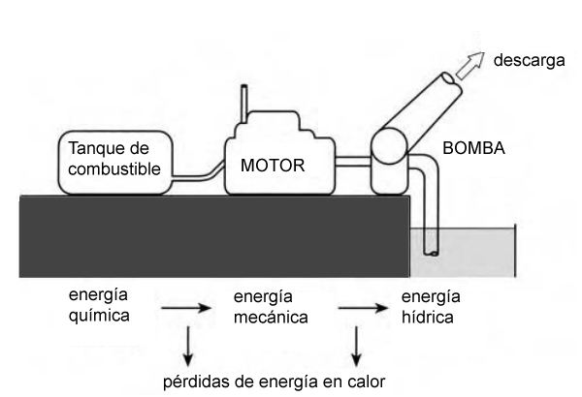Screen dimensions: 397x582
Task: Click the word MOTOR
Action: point(273,166)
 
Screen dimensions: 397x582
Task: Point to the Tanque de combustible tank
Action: point(115,159)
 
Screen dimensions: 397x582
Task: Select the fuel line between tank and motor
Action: point(200,177)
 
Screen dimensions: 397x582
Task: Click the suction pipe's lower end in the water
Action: point(431,253)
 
